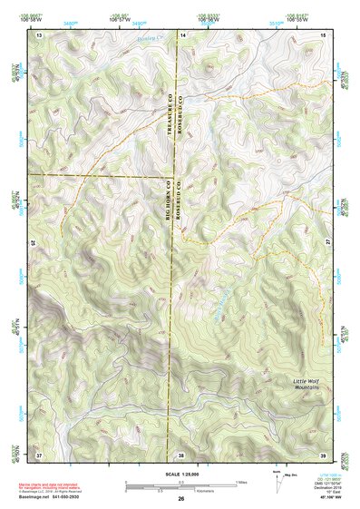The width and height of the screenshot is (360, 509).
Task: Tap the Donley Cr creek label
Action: click(148, 40)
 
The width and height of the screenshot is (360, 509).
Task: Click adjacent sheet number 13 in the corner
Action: click(39, 34)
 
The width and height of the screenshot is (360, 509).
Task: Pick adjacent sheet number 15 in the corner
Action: click(323, 34)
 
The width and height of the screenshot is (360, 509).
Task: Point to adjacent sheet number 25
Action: click(34, 243)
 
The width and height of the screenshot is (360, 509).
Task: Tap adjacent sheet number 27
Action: click(328, 243)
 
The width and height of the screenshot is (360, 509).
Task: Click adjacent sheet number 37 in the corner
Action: click(39, 454)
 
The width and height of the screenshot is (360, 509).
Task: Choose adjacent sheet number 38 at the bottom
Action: click(181, 454)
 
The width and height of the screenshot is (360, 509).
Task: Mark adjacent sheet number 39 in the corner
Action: click(323, 454)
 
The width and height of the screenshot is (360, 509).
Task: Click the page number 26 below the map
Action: click(181, 499)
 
